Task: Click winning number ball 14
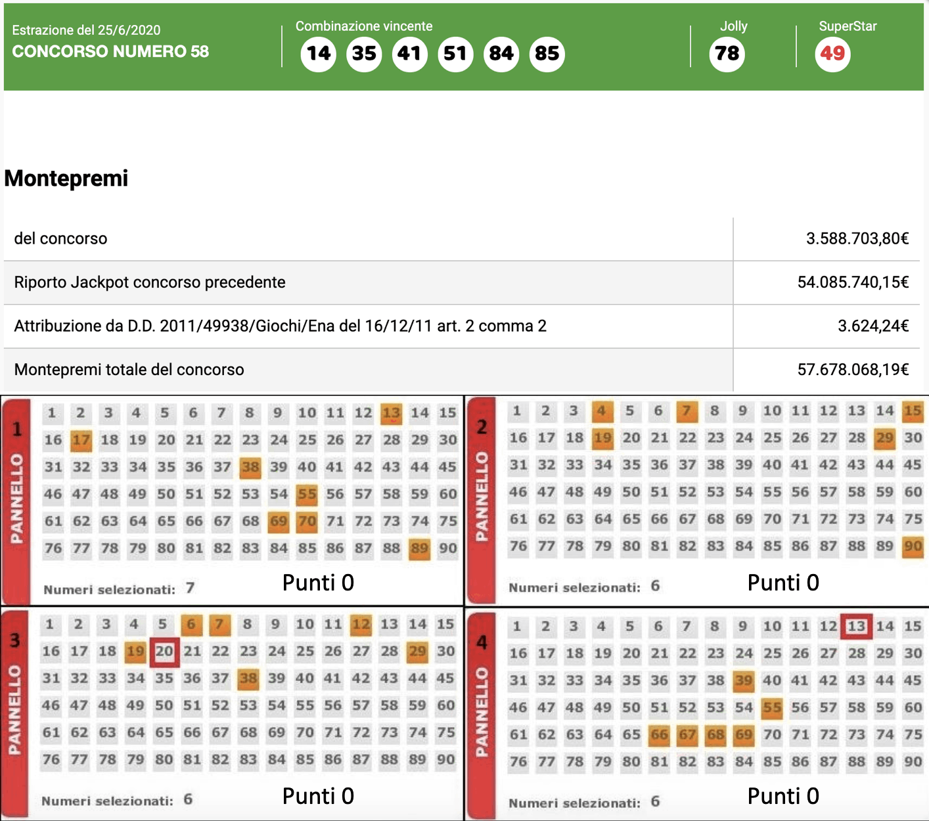319,53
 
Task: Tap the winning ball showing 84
501,53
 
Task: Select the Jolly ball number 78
727,53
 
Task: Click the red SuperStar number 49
832,53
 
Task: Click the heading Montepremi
66,178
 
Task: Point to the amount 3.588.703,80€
857,238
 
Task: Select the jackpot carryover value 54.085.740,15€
853,282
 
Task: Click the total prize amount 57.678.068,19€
853,370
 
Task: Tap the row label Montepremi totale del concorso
129,370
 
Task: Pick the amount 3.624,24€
872,326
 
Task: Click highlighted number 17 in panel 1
81,440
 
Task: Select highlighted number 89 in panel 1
419,548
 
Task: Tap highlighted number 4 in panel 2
602,411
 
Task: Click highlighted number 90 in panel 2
913,546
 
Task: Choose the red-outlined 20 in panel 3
164,652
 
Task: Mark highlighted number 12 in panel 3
361,625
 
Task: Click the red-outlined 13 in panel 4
856,627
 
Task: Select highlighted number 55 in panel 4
772,708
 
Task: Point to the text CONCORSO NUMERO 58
110,52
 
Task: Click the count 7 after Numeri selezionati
190,588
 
